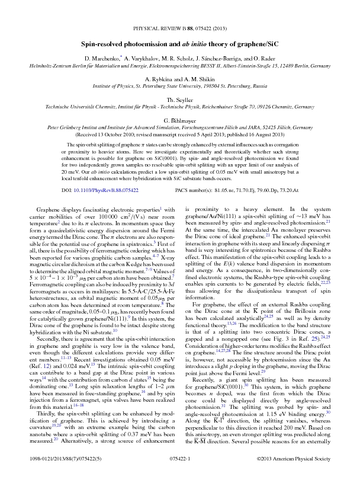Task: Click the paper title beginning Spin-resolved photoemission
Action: click(x=179, y=43)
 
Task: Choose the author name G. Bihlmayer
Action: click(x=179, y=120)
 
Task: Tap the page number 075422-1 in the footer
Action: click(x=180, y=460)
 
